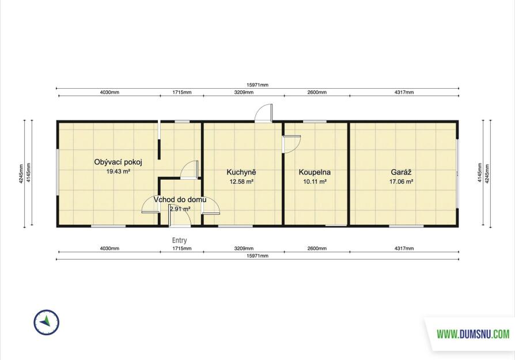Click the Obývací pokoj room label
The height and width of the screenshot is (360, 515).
point(118,162)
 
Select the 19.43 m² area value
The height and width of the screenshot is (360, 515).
point(118,171)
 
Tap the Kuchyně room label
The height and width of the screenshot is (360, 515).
point(241,172)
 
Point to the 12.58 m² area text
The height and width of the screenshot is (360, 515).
point(241,181)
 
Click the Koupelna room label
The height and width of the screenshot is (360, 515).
point(315,172)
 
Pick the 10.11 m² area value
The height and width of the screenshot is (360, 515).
point(315,181)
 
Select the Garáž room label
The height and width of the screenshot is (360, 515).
point(402,172)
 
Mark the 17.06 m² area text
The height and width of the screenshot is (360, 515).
point(402,181)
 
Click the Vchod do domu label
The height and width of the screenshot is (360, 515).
point(180,200)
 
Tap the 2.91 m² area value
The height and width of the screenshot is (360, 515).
point(180,209)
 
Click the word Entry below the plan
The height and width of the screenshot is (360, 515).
point(179,240)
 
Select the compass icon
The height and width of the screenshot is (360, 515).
point(47,322)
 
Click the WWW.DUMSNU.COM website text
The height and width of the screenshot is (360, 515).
point(473,335)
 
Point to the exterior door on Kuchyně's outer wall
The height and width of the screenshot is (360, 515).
point(264,113)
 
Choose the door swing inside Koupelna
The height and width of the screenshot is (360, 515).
point(291,144)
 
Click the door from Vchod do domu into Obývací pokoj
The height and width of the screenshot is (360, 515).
point(150,204)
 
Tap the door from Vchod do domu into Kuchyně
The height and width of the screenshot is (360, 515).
point(211,206)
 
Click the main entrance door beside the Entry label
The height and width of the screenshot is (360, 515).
point(180,216)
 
